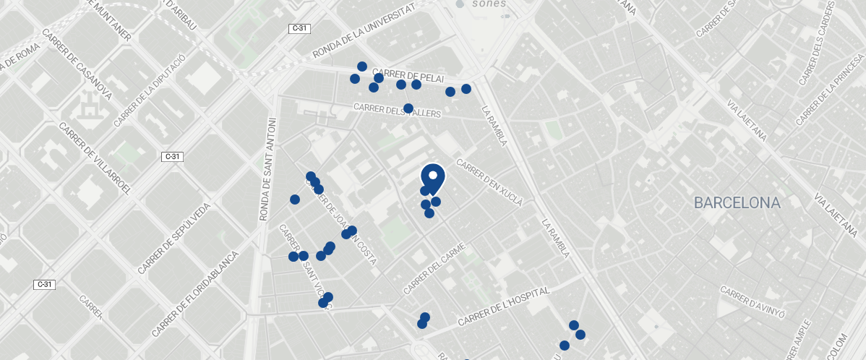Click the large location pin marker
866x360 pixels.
coord(432,178)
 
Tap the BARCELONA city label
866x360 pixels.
coord(737,203)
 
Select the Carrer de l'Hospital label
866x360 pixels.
coord(504,306)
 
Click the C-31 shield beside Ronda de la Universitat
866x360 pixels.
coord(299,28)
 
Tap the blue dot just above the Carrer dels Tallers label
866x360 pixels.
coord(408,108)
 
